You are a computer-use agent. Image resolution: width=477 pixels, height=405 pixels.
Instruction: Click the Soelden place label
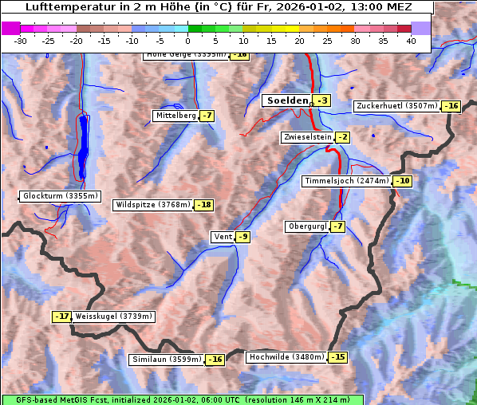coord(287,100)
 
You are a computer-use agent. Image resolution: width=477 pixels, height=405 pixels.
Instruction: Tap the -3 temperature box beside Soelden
coord(321,100)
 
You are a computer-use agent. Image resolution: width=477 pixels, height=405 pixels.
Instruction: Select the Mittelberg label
coord(175,116)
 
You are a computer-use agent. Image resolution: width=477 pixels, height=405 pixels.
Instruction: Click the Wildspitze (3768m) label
coord(153,205)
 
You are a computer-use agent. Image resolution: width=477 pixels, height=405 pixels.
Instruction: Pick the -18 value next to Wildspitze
coord(204,205)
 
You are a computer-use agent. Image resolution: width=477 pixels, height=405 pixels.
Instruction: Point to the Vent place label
coord(223,237)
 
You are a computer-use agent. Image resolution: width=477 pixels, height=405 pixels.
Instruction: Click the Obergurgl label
coord(306,226)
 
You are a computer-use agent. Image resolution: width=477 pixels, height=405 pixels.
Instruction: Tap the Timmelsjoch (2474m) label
coord(347,181)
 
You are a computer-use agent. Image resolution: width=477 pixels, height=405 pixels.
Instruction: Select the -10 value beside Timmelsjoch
coord(403,181)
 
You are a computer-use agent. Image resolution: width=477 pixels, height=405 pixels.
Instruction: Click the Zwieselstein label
coord(307,137)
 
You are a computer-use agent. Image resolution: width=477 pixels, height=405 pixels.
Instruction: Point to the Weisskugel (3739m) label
coord(113,317)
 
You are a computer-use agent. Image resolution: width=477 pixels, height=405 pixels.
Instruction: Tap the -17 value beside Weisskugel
coord(62,317)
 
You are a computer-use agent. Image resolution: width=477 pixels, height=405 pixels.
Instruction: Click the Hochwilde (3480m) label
coord(286,357)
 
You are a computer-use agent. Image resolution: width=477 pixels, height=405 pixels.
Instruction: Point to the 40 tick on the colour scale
coord(411,40)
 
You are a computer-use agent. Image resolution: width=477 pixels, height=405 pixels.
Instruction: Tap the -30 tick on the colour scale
coord(22,40)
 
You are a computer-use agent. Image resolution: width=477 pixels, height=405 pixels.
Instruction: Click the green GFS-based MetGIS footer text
coord(182,399)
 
